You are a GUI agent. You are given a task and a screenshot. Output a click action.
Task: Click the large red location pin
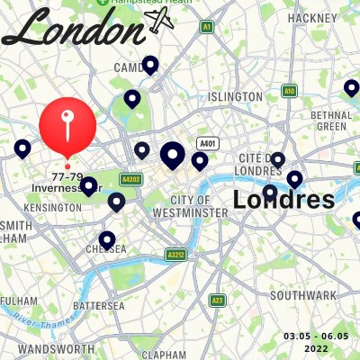point(67,126)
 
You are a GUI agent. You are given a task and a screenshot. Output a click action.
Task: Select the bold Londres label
point(283,199)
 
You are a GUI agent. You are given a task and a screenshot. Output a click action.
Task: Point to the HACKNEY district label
point(311,17)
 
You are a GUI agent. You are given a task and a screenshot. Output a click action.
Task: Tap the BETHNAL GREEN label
point(328,121)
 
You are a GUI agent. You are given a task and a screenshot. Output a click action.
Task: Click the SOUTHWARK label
point(302,295)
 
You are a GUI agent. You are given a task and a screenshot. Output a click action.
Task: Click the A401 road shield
point(208,143)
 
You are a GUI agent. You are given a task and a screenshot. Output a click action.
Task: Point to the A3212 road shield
point(175,256)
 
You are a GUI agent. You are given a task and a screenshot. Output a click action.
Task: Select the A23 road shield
point(217,300)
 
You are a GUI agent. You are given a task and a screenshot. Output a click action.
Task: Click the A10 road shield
point(289,91)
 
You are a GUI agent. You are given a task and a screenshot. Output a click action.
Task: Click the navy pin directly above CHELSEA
point(107,239)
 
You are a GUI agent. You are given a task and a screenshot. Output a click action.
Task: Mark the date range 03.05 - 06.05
point(316,340)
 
